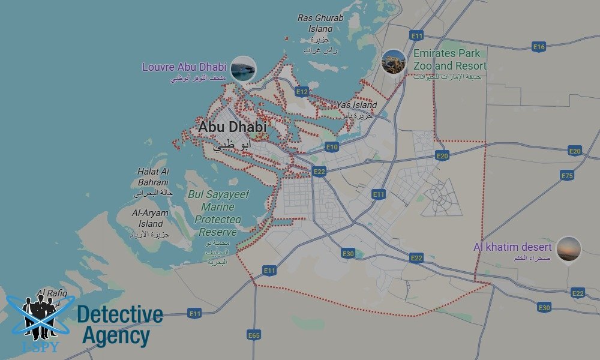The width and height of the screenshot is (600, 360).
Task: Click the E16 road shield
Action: click(538, 47)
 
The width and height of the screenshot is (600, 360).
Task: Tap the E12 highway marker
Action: click(302, 92)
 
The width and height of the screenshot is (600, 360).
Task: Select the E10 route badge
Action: click(332, 146)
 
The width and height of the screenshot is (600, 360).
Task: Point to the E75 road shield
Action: click(567, 175)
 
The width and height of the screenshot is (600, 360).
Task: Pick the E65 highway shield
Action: click(254, 335)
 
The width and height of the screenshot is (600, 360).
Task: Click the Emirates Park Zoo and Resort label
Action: click(449, 59)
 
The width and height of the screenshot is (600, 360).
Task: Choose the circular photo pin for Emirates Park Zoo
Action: click(393, 62)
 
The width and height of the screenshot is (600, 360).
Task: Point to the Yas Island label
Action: click(356, 105)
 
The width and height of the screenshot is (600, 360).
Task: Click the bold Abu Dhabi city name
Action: click(232, 127)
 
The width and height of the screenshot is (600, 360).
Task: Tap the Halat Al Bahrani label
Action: click(153, 177)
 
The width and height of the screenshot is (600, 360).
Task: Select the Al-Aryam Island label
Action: click(150, 218)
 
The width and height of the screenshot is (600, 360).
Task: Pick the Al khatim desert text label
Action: click(512, 247)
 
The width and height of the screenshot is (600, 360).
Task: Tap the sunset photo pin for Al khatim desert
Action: click(568, 249)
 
